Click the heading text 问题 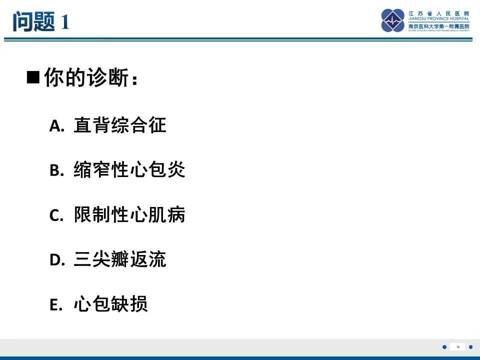(x=33, y=21)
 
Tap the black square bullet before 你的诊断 (x=33, y=78)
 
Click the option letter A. (x=56, y=126)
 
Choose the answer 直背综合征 (x=119, y=125)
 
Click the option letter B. (x=56, y=171)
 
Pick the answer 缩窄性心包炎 (x=129, y=170)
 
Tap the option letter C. (x=56, y=216)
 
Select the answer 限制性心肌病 (x=129, y=215)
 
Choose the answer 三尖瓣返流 (x=119, y=259)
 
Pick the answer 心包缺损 (x=110, y=304)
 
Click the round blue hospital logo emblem (x=393, y=20)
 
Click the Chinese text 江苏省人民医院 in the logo (x=438, y=13)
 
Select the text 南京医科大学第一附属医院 (x=438, y=26)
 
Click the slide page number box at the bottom (x=457, y=347)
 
